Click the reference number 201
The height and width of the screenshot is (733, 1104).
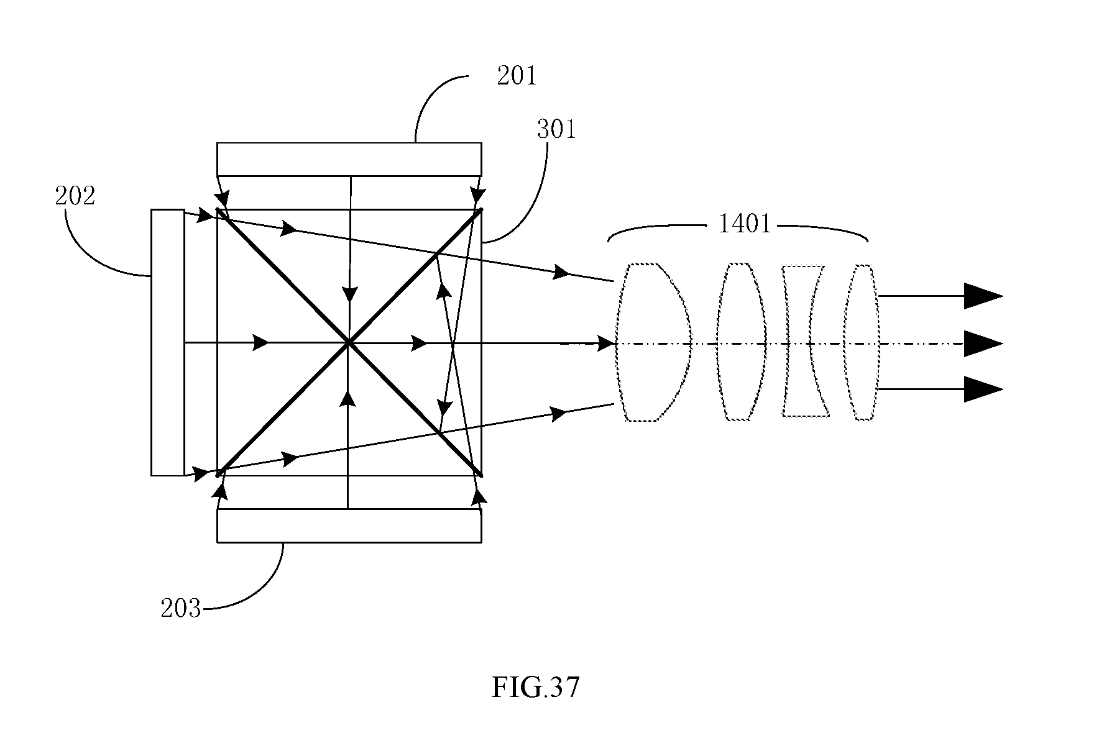pyautogui.click(x=516, y=76)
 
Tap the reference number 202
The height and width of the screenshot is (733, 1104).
pyautogui.click(x=75, y=196)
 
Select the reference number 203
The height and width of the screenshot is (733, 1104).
pyautogui.click(x=181, y=608)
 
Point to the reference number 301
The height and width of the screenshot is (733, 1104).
pyautogui.click(x=556, y=129)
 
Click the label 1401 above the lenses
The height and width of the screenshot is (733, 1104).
pyautogui.click(x=745, y=224)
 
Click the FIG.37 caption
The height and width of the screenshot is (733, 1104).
pyautogui.click(x=535, y=688)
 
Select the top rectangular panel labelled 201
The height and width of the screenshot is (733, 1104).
pyautogui.click(x=349, y=160)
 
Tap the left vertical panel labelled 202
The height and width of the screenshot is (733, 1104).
pyautogui.click(x=168, y=343)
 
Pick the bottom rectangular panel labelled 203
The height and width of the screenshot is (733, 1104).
pyautogui.click(x=349, y=526)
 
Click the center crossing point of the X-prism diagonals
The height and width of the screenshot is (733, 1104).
pyautogui.click(x=349, y=342)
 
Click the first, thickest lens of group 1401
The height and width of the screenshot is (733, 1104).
pyautogui.click(x=654, y=342)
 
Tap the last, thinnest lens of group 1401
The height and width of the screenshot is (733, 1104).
pyautogui.click(x=861, y=342)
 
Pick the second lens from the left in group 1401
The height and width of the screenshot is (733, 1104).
pyautogui.click(x=741, y=342)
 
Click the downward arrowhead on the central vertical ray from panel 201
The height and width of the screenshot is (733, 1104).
pyautogui.click(x=351, y=294)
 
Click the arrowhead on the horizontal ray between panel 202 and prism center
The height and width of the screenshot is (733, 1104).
pyautogui.click(x=261, y=342)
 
